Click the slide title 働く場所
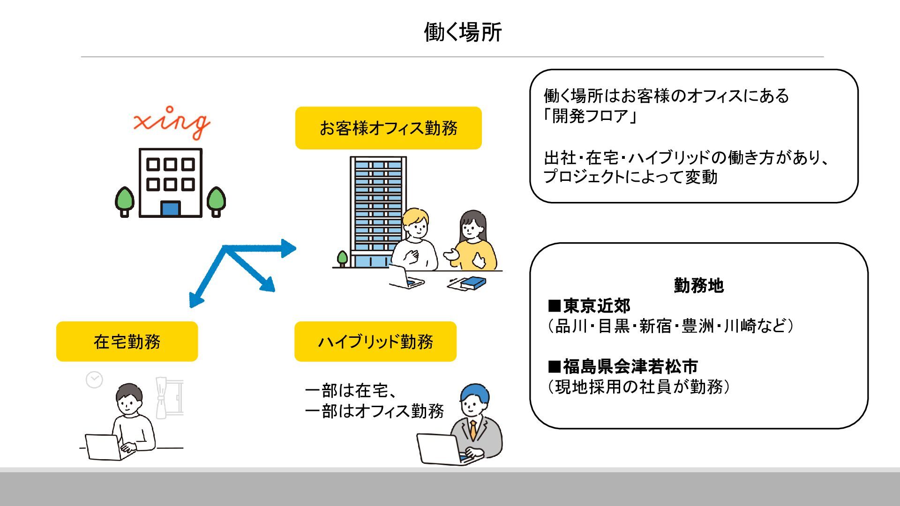463,32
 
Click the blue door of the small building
170,208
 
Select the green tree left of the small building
124,200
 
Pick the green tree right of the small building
216,200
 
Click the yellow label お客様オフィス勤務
388,128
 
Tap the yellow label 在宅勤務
127,342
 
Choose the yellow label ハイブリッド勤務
375,342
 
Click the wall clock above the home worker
94,379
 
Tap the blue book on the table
473,283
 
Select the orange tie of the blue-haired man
473,430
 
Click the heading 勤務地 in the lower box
698,285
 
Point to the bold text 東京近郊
596,306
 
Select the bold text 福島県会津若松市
630,366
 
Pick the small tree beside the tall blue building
343,258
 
